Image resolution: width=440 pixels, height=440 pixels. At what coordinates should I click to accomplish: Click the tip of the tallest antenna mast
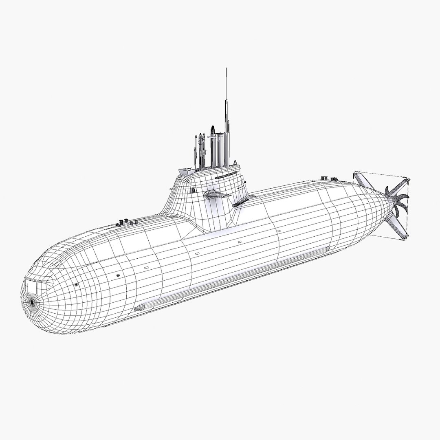(x=226, y=69)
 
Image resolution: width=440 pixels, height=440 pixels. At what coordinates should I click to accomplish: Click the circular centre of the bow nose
(x=31, y=302)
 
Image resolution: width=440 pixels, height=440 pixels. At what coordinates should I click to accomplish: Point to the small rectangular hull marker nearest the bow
(x=146, y=268)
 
